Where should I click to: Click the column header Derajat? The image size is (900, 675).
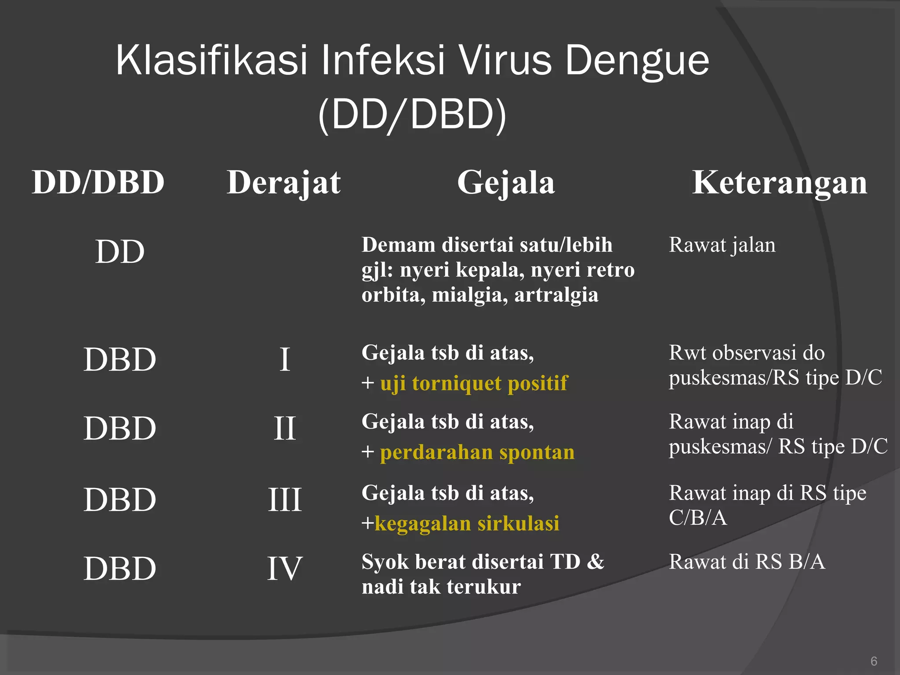click(284, 182)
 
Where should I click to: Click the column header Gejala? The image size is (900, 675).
click(506, 182)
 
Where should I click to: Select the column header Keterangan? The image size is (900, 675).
click(780, 182)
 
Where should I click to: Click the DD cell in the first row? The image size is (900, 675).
click(120, 252)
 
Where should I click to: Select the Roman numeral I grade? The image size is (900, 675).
click(285, 359)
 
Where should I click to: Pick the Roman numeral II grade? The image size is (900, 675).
click(285, 428)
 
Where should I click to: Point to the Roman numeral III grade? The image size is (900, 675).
click(285, 500)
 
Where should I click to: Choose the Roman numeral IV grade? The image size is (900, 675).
click(285, 569)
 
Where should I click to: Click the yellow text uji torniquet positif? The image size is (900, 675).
click(474, 383)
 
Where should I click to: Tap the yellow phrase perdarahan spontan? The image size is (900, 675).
click(477, 452)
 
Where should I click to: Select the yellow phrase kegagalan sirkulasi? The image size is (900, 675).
click(467, 523)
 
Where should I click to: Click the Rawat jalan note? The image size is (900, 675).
click(722, 245)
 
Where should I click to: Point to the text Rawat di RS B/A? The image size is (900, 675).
click(747, 562)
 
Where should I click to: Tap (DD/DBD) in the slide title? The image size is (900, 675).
click(412, 114)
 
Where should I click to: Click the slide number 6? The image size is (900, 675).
click(874, 661)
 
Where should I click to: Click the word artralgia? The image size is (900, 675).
click(556, 294)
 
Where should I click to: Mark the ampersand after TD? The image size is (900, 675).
click(595, 562)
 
